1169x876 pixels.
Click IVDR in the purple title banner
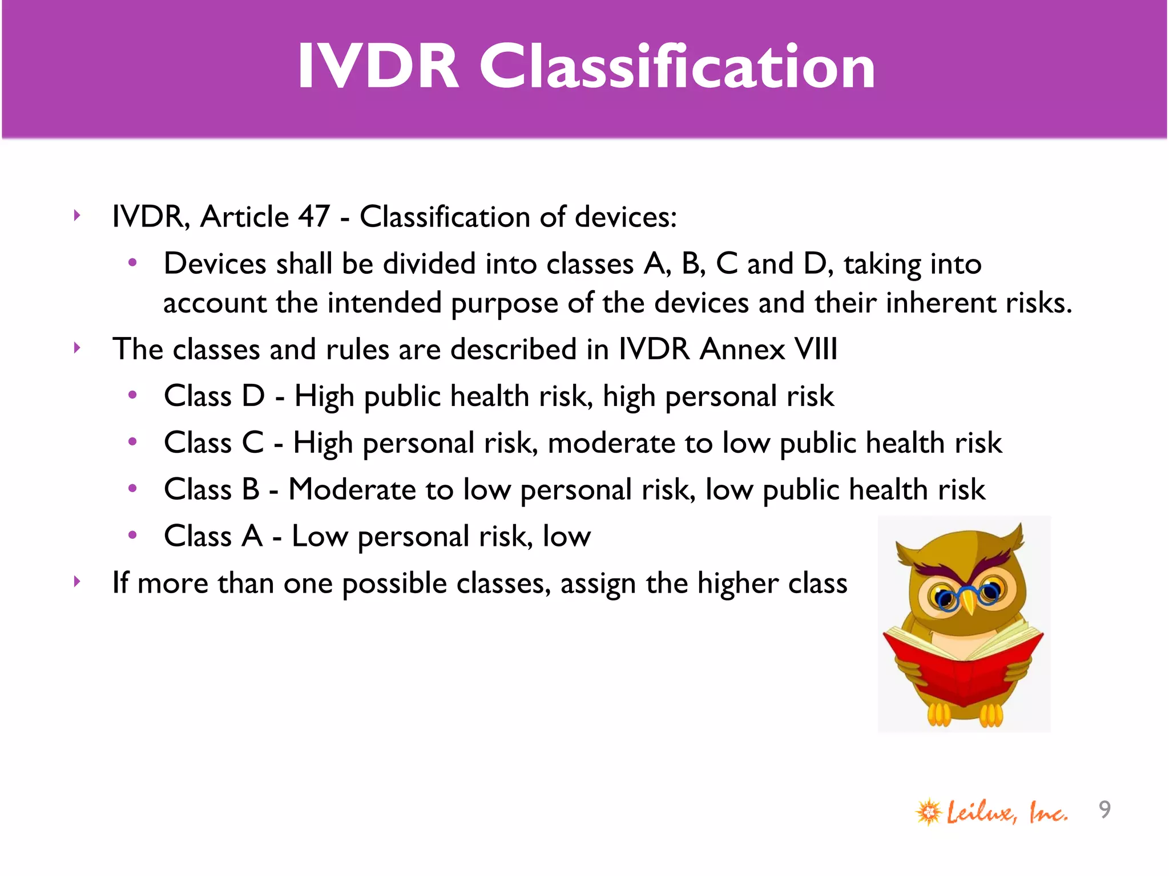[378, 67]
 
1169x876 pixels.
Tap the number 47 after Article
[313, 217]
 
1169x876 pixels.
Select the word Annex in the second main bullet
[742, 349]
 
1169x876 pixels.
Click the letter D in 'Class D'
[253, 396]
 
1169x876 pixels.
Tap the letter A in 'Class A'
[252, 536]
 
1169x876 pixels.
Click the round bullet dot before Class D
[132, 395]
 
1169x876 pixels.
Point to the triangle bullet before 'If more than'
[77, 582]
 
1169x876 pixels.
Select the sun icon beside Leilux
[929, 812]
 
